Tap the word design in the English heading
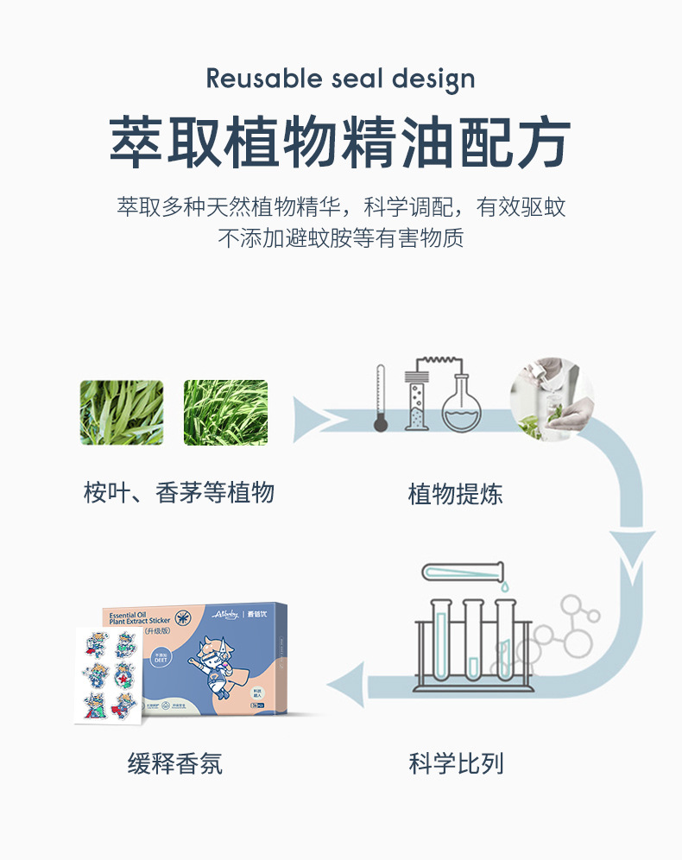pos(433,79)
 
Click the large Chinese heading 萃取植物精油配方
pos(340,142)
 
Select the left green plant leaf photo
pos(122,413)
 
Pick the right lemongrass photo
pos(225,413)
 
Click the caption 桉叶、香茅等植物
pos(179,493)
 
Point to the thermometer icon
pos(379,398)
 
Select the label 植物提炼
pos(455,495)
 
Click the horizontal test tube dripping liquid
pos(462,571)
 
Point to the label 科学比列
pos(456,763)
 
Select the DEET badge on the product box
pos(159,657)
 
